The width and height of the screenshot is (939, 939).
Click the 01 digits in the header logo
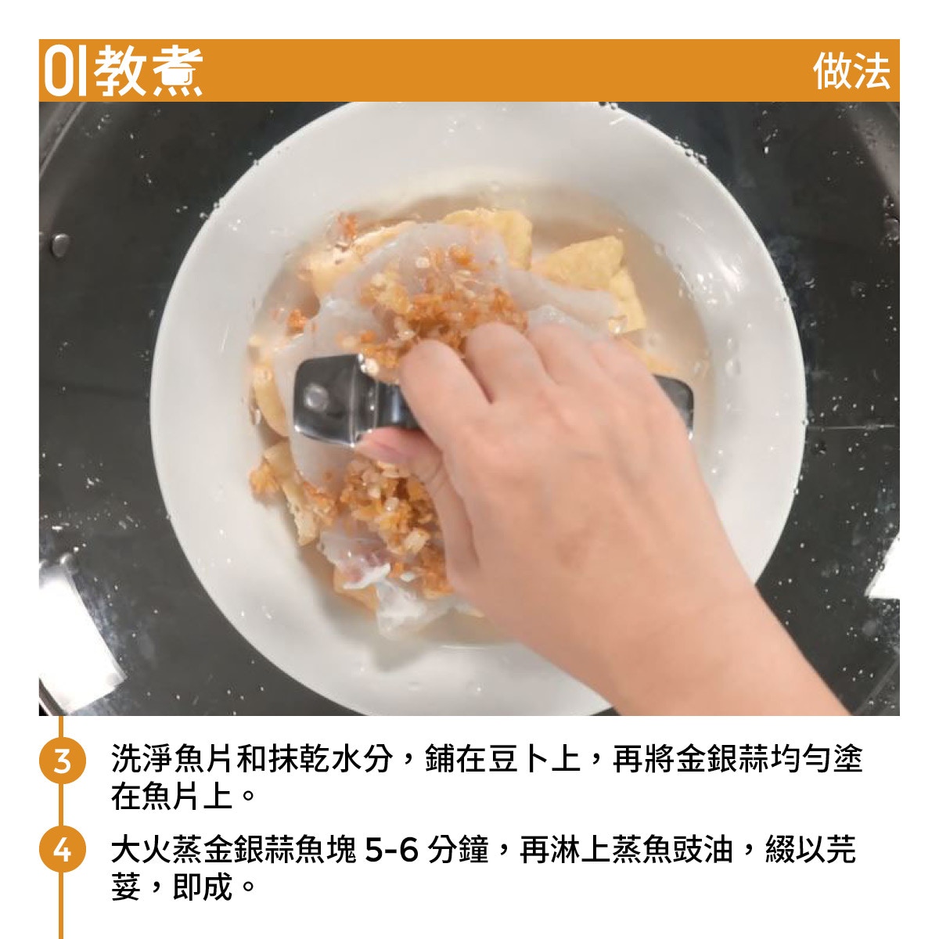click(66, 71)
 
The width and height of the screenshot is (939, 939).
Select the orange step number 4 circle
click(62, 851)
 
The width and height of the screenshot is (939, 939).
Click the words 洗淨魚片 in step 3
click(171, 759)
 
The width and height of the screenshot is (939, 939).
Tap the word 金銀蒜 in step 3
click(722, 759)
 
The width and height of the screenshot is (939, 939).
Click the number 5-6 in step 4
click(391, 850)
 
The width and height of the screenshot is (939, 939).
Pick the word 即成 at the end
click(202, 887)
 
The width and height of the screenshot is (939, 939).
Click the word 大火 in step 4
click(142, 849)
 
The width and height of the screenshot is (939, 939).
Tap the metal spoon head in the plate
click(327, 400)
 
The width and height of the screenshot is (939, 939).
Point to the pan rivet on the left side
click(60, 245)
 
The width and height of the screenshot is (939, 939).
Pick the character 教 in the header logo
click(120, 71)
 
